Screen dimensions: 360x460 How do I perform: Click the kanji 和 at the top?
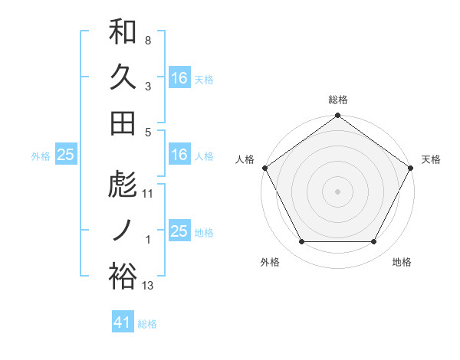[x=123, y=31]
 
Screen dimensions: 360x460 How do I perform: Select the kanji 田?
[x=123, y=123]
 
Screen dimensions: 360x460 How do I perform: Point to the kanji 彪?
[x=123, y=185]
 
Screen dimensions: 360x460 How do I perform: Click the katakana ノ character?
[x=123, y=230]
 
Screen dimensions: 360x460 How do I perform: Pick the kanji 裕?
[x=123, y=276]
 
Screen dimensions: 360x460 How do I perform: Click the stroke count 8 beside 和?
[x=147, y=40]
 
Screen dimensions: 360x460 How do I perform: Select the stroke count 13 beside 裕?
[x=148, y=286]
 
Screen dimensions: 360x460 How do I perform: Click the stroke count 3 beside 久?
[x=147, y=87]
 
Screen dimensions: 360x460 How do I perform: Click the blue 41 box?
[x=123, y=323]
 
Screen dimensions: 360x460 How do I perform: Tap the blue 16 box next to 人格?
[x=179, y=155]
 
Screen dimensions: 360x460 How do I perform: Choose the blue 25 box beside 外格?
[x=65, y=155]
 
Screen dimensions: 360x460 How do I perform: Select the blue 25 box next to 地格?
[x=179, y=231]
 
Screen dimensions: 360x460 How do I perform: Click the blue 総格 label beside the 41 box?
[x=147, y=324]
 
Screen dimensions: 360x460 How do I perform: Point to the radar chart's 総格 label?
[x=337, y=100]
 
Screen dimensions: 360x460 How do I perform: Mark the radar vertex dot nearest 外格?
[x=301, y=242]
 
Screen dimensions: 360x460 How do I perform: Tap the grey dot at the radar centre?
[x=337, y=191]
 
